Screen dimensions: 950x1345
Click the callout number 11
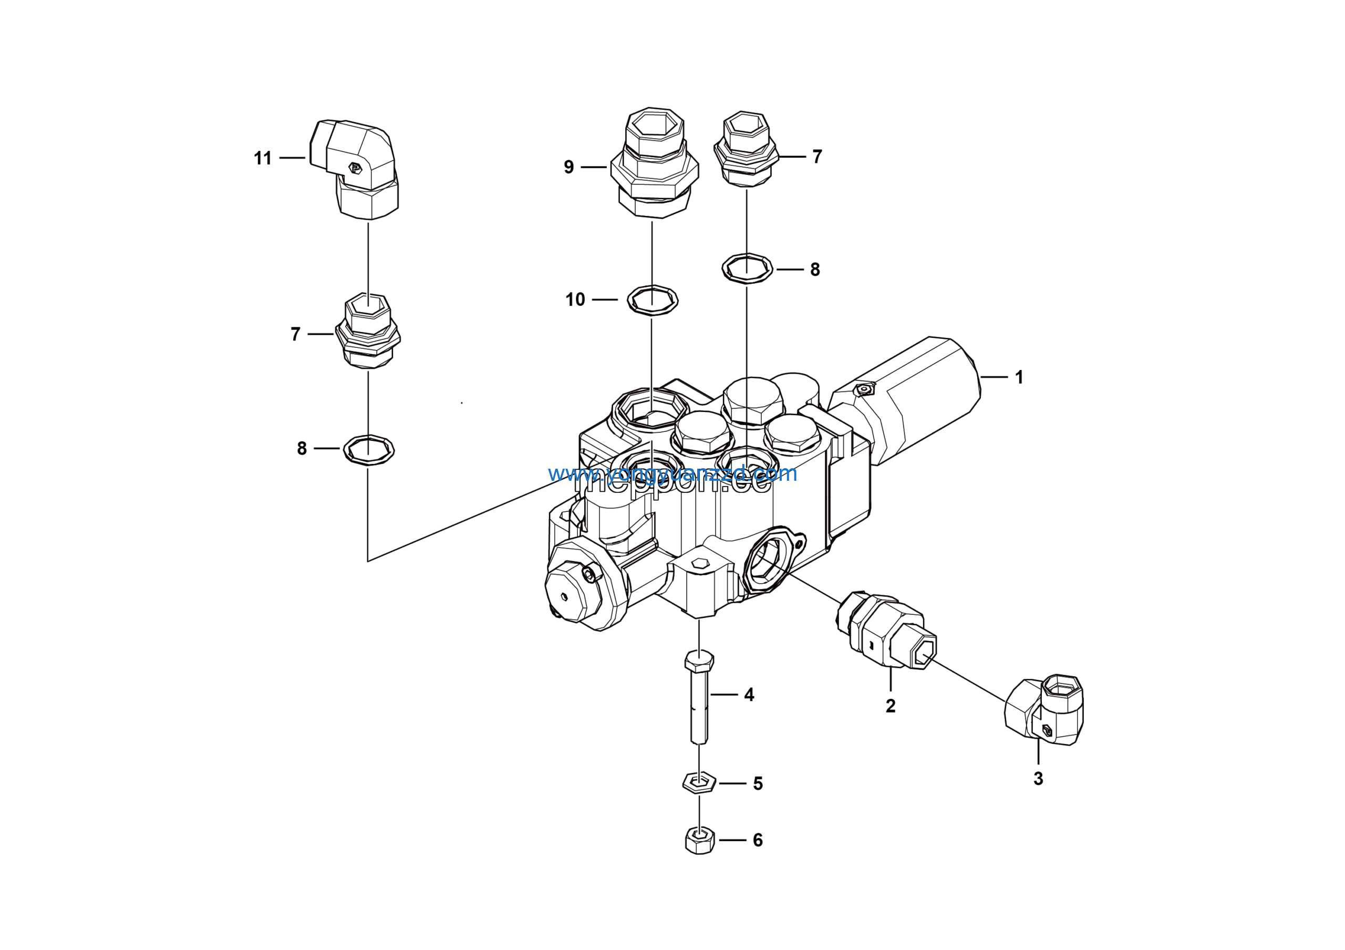263,158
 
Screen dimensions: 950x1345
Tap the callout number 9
569,168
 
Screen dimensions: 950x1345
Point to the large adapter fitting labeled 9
654,164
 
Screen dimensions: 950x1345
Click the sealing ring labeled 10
653,301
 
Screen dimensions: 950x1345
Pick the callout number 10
575,300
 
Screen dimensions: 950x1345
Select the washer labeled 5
699,782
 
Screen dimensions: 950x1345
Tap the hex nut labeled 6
699,841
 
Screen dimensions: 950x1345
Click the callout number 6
758,841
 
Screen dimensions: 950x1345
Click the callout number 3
1038,779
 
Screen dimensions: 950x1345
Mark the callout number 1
1019,377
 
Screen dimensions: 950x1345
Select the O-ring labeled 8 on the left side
368,450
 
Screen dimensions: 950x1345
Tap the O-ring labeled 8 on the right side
747,269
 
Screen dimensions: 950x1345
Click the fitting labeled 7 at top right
746,150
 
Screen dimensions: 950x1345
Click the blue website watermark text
672,473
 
